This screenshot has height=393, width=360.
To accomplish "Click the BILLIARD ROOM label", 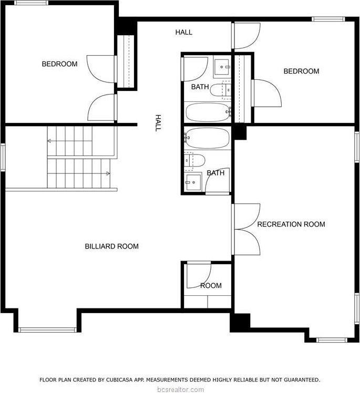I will pyautogui.click(x=111, y=246).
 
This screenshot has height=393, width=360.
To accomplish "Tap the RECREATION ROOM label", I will pyautogui.click(x=291, y=224).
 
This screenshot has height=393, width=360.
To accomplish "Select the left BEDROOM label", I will pyautogui.click(x=59, y=64).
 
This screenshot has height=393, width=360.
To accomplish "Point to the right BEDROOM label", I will pyautogui.click(x=301, y=71).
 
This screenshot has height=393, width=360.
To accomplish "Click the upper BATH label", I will pyautogui.click(x=199, y=87).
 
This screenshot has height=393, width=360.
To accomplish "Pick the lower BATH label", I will pyautogui.click(x=215, y=173).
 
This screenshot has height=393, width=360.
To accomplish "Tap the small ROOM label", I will pyautogui.click(x=211, y=286).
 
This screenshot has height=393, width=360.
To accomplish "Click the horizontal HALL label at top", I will pyautogui.click(x=183, y=32).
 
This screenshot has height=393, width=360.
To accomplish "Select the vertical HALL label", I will pyautogui.click(x=157, y=123).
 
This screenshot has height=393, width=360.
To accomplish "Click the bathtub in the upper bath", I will pyautogui.click(x=208, y=111).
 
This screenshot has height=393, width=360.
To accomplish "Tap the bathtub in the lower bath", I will pyautogui.click(x=207, y=138).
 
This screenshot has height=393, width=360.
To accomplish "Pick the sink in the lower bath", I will pyautogui.click(x=192, y=183).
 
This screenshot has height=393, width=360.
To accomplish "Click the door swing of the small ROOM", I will pyautogui.click(x=199, y=273).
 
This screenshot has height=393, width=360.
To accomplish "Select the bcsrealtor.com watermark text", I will pyautogui.click(x=180, y=389).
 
